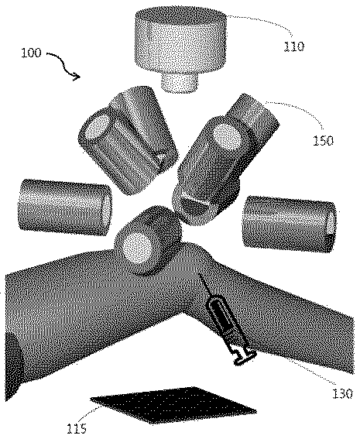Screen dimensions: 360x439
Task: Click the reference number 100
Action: point(31,53)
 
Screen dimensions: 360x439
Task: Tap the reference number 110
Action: point(294,46)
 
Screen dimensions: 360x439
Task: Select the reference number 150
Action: point(324,141)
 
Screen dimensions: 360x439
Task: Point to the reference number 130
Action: point(342,393)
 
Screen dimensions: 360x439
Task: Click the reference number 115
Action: point(77,428)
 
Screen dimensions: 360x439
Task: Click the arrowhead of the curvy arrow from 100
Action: point(77,76)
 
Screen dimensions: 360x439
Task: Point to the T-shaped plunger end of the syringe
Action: point(245,358)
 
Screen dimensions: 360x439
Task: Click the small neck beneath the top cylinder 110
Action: point(180,83)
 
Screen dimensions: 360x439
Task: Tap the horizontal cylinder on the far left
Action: point(64,208)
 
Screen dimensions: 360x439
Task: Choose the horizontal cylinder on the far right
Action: point(289,224)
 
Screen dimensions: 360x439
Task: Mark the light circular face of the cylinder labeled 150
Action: point(228,138)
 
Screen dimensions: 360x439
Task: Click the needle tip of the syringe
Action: point(199,274)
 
